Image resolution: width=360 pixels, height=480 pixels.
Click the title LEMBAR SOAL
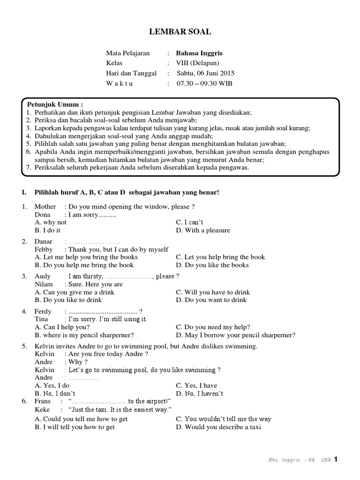click(180, 32)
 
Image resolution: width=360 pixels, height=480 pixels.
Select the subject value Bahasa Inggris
click(197, 53)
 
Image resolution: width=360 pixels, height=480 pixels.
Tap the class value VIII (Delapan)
click(197, 63)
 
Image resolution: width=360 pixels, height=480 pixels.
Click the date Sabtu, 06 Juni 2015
click(205, 73)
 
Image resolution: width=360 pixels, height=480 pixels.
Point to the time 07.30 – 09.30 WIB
click(204, 83)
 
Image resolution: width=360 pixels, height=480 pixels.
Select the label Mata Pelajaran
click(128, 53)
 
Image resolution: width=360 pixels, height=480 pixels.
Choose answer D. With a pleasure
click(203, 231)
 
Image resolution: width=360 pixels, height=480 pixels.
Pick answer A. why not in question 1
click(51, 223)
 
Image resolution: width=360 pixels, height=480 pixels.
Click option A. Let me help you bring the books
click(86, 257)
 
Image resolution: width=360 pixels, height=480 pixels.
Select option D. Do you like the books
click(212, 265)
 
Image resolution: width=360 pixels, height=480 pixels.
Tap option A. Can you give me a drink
click(75, 292)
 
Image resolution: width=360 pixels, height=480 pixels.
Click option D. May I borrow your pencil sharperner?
click(235, 335)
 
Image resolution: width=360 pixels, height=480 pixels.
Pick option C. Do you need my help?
click(213, 327)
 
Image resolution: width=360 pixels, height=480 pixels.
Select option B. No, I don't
click(55, 394)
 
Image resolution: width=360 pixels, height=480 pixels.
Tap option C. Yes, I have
click(196, 386)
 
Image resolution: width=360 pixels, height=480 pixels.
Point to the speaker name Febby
click(44, 249)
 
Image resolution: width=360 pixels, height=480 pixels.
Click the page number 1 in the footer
click(336, 459)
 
